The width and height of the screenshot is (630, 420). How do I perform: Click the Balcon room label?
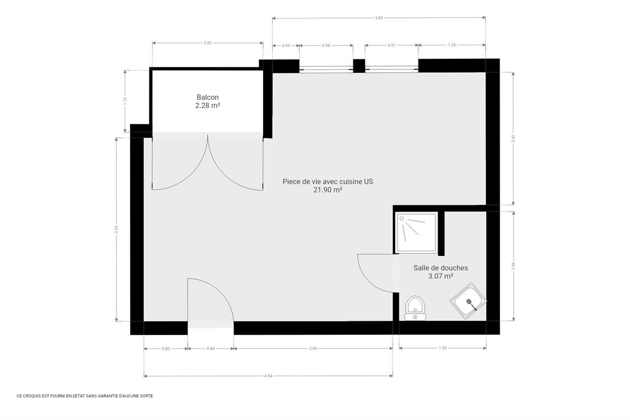[207, 97]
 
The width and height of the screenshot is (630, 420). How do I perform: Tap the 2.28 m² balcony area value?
[207, 105]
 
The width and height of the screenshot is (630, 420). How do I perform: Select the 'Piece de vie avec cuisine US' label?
[328, 181]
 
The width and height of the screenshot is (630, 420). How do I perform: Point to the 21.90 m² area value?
[328, 190]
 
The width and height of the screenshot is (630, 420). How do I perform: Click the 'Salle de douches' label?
[440, 268]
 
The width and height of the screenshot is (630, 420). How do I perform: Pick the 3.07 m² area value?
[440, 276]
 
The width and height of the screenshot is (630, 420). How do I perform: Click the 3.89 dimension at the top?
[379, 18]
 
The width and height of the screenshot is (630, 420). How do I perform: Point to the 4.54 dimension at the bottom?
[268, 376]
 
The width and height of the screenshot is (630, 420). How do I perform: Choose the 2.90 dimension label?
[312, 349]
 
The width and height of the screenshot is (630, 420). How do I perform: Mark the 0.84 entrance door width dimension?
[210, 349]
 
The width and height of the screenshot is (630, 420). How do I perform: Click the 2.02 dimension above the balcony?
[207, 43]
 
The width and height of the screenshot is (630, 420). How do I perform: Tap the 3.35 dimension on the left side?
[116, 229]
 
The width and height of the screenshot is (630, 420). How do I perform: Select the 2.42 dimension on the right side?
[513, 138]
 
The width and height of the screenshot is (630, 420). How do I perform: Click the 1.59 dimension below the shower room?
[442, 349]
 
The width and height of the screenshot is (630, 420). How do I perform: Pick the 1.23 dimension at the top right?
[451, 45]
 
